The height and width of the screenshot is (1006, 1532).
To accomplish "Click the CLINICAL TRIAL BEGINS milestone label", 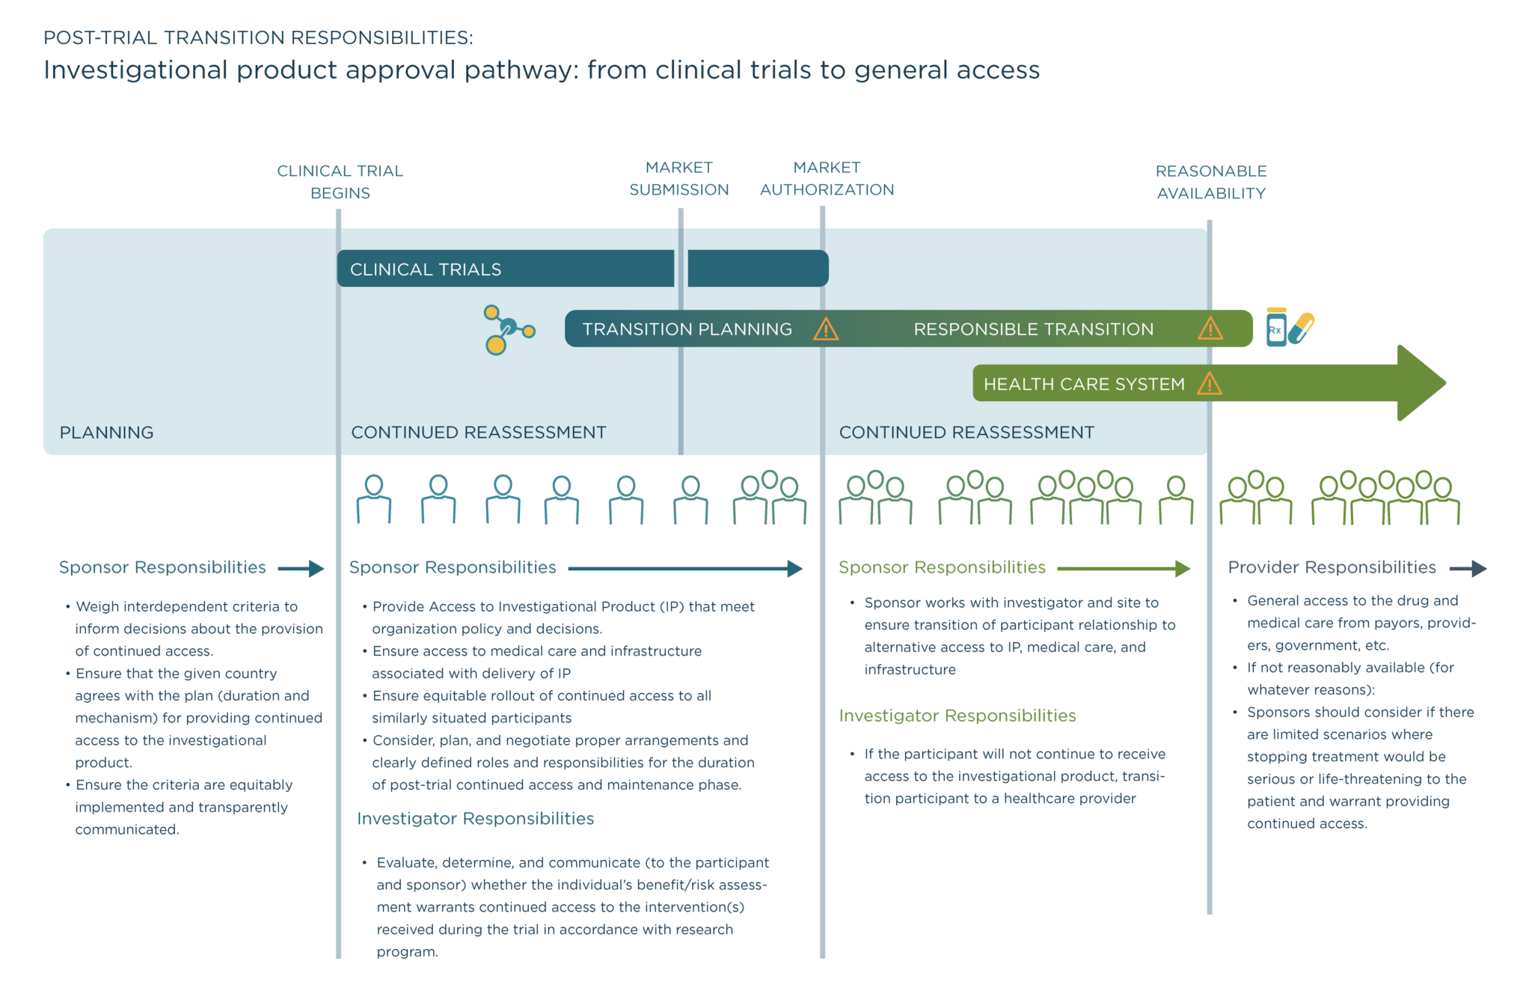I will click(340, 182).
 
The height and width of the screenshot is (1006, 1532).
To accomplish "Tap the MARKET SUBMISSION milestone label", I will click(678, 178).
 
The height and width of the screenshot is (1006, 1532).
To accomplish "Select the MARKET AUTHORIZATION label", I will click(827, 178).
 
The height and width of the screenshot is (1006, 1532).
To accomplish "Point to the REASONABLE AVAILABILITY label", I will click(1210, 182).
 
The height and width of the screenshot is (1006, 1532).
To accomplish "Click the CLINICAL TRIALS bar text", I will click(426, 269).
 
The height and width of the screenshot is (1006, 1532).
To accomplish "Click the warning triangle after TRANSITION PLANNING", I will click(826, 329).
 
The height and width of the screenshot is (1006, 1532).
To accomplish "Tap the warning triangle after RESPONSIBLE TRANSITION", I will click(1210, 329).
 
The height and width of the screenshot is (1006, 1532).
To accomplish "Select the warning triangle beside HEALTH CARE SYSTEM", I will click(1209, 384).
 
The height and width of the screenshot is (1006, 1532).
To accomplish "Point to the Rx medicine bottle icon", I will click(1276, 328).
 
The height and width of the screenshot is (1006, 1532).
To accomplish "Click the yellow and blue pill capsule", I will click(1302, 328).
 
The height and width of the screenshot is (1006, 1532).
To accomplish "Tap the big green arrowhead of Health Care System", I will click(1420, 383).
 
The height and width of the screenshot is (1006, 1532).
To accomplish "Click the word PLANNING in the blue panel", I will click(106, 433).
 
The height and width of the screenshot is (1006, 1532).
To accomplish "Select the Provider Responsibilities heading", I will click(1332, 567).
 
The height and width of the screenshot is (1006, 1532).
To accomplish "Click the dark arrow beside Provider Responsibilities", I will click(1468, 569).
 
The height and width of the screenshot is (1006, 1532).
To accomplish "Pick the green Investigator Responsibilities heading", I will click(957, 716).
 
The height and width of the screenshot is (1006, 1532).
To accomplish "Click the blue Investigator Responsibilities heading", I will click(475, 819).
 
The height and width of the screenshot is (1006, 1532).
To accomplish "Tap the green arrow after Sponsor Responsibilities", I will click(1124, 569).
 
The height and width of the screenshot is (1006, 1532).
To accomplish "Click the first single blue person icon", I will click(373, 499).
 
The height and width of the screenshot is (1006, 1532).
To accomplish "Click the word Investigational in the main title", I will click(135, 70).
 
